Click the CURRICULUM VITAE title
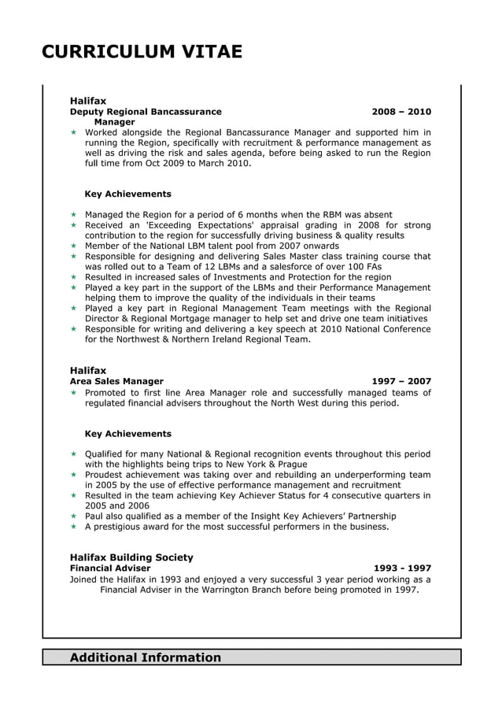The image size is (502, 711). tap(142, 52)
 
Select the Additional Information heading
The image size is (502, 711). tap(146, 657)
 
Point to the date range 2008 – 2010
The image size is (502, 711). tap(401, 112)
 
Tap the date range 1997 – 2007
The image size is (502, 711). tap(401, 381)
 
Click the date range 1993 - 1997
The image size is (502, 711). tap(401, 568)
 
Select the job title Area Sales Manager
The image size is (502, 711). tap(116, 381)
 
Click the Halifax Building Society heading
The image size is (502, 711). tap(131, 557)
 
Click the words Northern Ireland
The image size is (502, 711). tap(212, 339)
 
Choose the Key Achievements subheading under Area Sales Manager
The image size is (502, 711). tap(127, 434)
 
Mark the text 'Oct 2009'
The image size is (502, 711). tap(166, 163)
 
